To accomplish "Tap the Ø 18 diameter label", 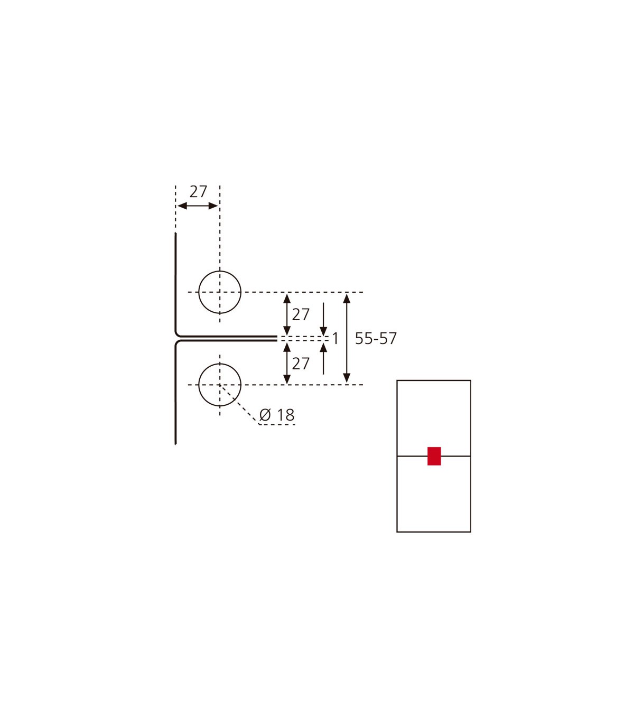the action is point(277,415).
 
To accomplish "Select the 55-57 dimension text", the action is point(376,338).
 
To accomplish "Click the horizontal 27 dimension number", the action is point(198,192).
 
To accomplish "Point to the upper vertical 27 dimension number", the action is point(301,314).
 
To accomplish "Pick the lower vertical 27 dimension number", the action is point(301,364).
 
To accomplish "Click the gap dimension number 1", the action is point(335,339).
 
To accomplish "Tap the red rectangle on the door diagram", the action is point(434,456).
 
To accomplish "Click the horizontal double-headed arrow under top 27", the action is point(198,206).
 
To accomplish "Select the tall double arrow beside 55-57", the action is point(347,338).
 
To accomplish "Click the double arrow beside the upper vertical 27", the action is point(287,314).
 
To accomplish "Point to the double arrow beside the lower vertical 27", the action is point(287,364).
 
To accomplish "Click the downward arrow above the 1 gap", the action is point(323,319).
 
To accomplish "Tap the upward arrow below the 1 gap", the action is point(323,359).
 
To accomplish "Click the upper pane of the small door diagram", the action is point(434,418).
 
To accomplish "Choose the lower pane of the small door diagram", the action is point(434,494).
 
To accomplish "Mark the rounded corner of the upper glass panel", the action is point(177,334).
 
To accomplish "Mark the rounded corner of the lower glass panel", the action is point(177,342).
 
